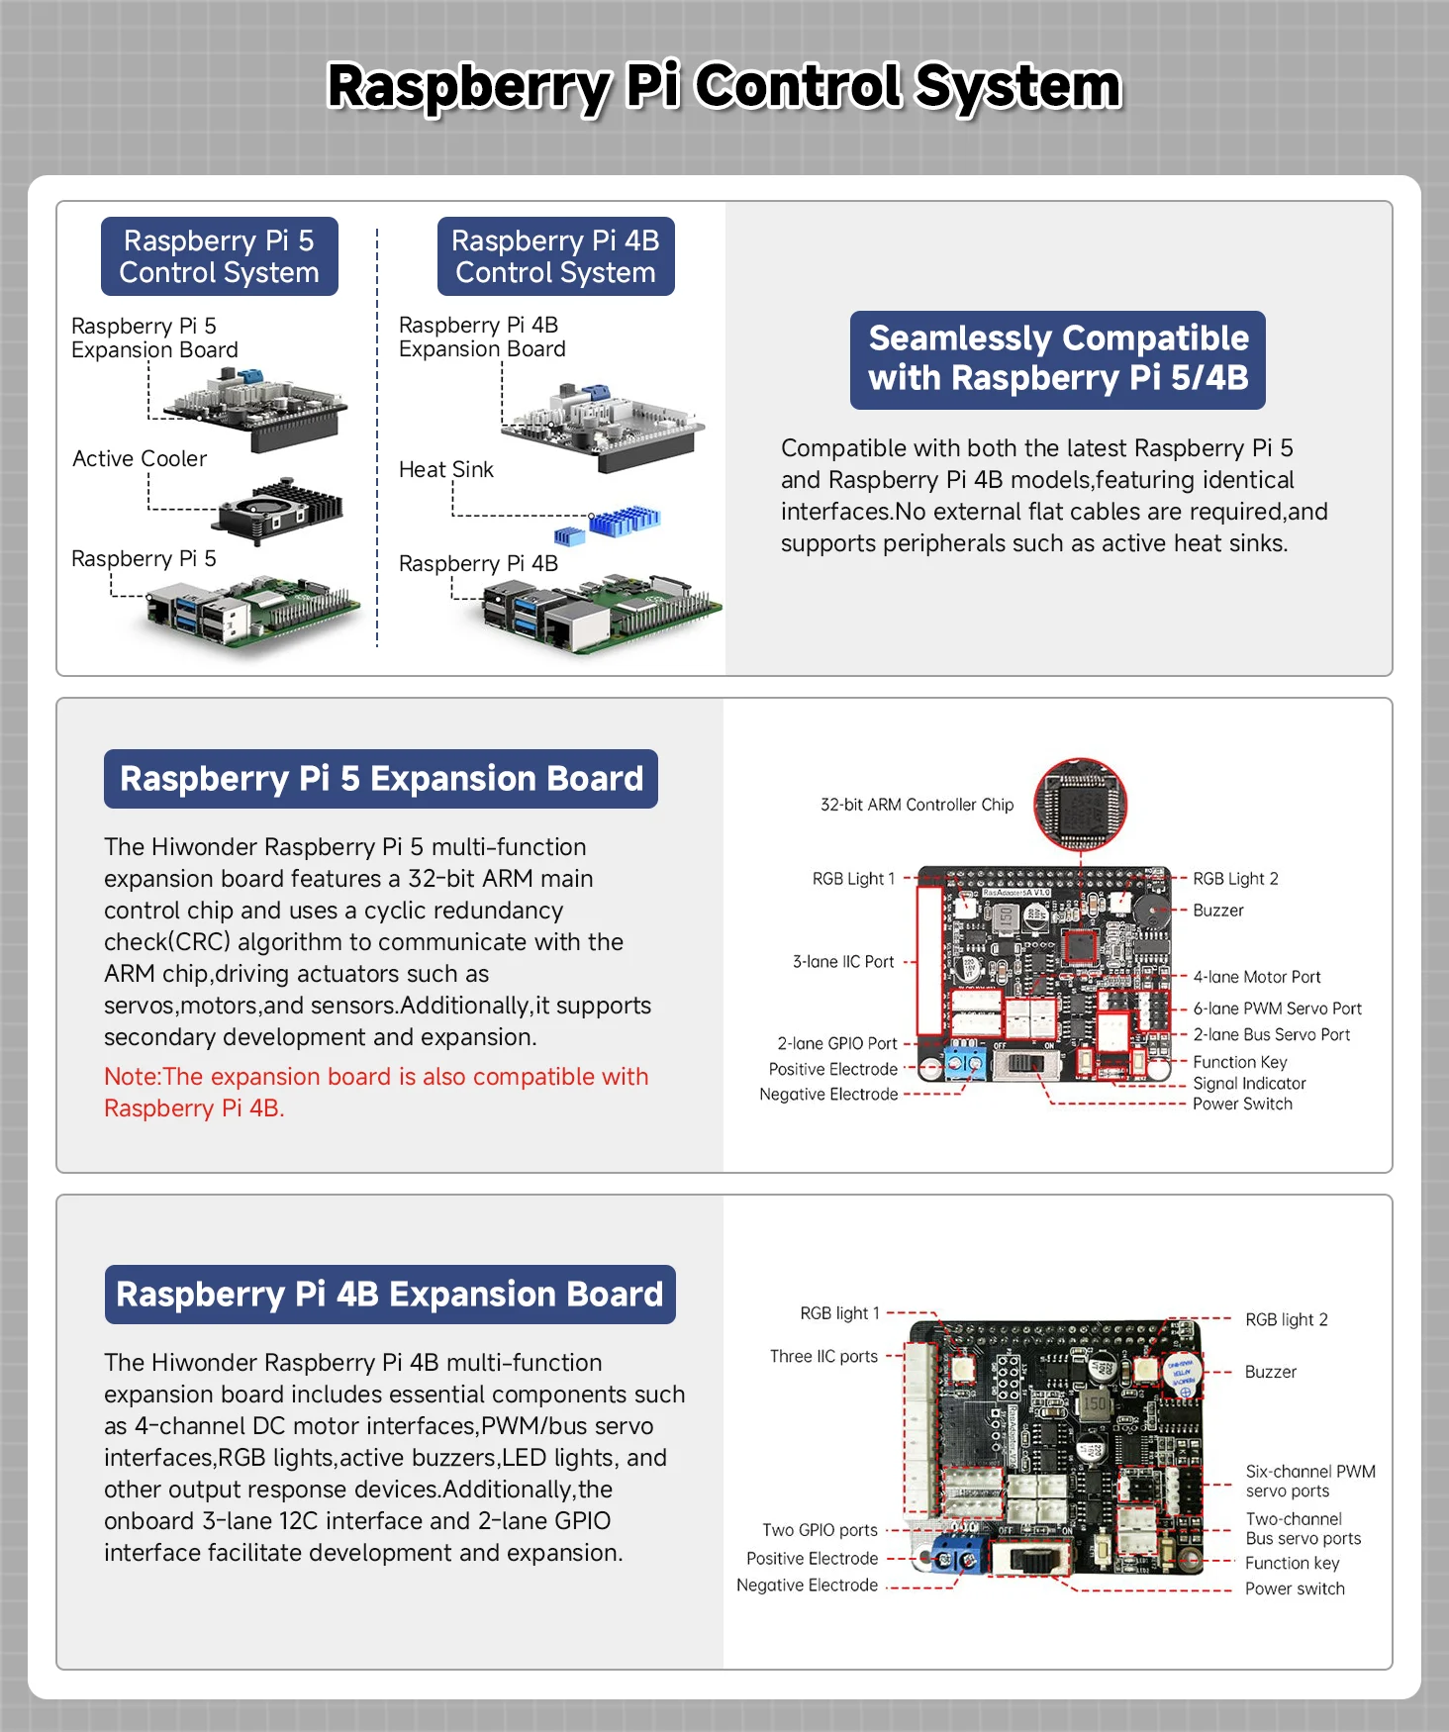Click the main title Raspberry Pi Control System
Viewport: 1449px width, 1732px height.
(724, 86)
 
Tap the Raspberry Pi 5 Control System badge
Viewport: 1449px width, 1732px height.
(219, 256)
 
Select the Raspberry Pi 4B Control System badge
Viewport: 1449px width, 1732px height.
(555, 256)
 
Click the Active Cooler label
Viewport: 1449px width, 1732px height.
(140, 459)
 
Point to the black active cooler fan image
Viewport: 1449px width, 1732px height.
(281, 509)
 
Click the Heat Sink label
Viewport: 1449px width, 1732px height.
(445, 470)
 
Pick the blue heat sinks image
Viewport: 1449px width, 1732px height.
(614, 524)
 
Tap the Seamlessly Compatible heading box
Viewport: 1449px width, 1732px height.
(1057, 359)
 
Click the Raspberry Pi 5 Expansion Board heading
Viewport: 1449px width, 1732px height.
(381, 779)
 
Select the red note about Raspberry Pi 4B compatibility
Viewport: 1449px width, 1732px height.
(376, 1092)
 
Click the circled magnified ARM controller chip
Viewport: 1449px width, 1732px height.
(1080, 805)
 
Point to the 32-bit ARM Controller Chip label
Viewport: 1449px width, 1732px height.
(917, 805)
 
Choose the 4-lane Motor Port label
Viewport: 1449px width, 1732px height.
(1256, 977)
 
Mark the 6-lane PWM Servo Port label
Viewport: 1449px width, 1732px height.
(1277, 1009)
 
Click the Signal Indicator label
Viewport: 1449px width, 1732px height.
(1249, 1084)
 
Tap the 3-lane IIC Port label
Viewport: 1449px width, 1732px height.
(843, 961)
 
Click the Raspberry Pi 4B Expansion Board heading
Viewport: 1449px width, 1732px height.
(390, 1295)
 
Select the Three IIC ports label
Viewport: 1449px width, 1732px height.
(823, 1356)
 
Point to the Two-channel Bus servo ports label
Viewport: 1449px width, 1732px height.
(1303, 1528)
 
